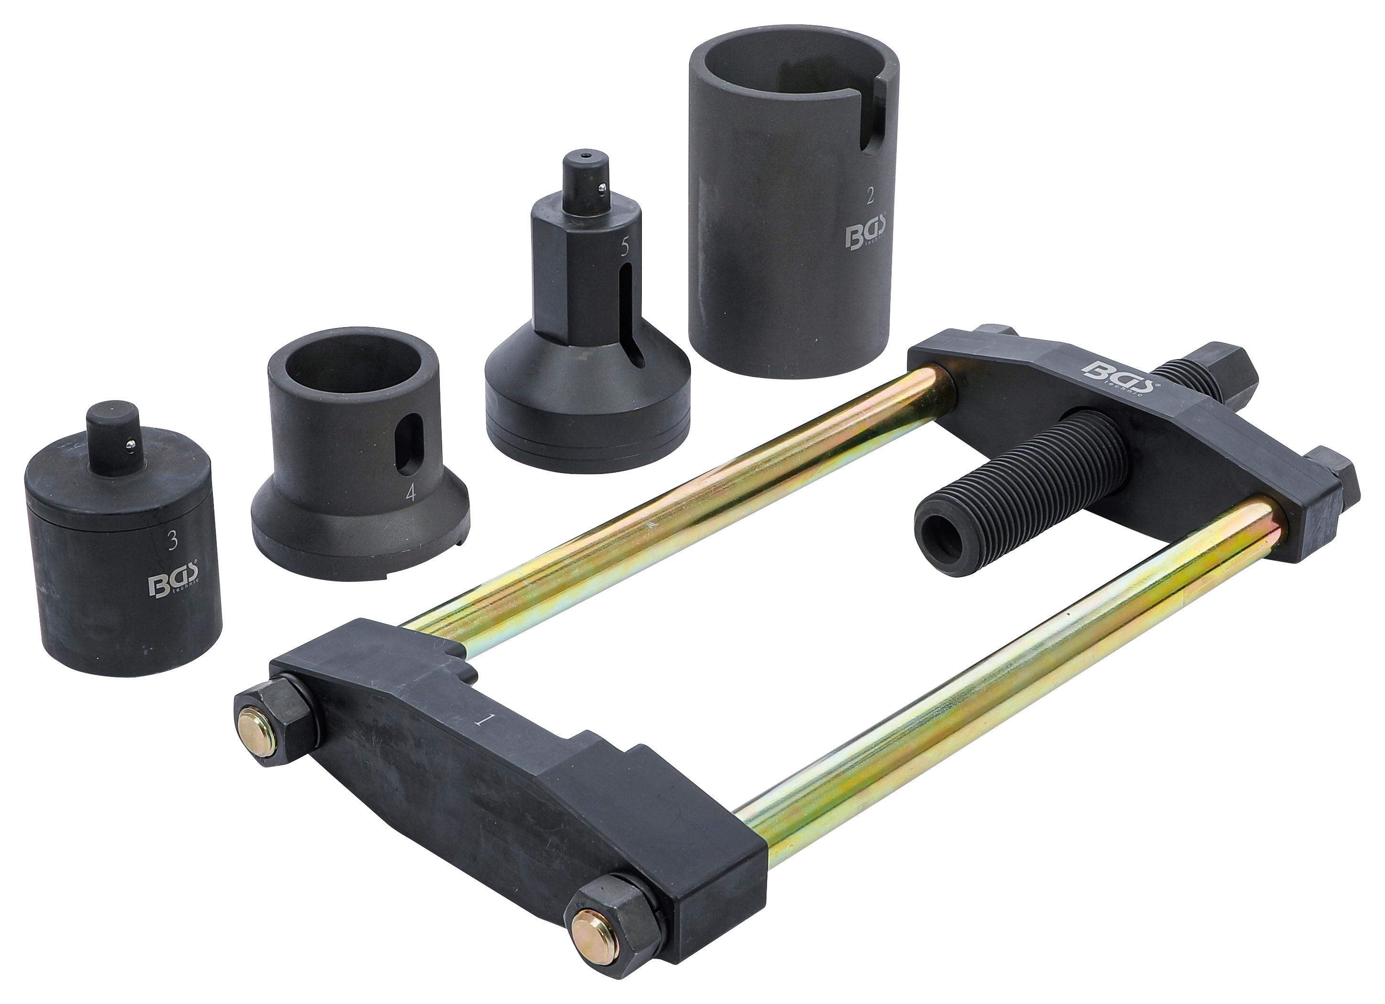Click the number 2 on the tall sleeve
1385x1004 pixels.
(870, 195)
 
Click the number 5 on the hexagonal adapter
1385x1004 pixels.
(624, 246)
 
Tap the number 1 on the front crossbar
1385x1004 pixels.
(484, 719)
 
